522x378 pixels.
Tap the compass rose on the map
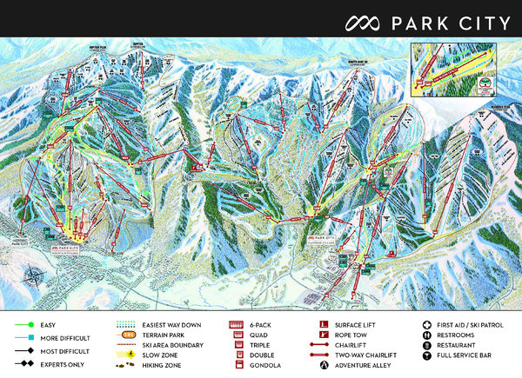point(34,279)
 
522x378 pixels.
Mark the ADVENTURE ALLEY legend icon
point(324,367)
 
